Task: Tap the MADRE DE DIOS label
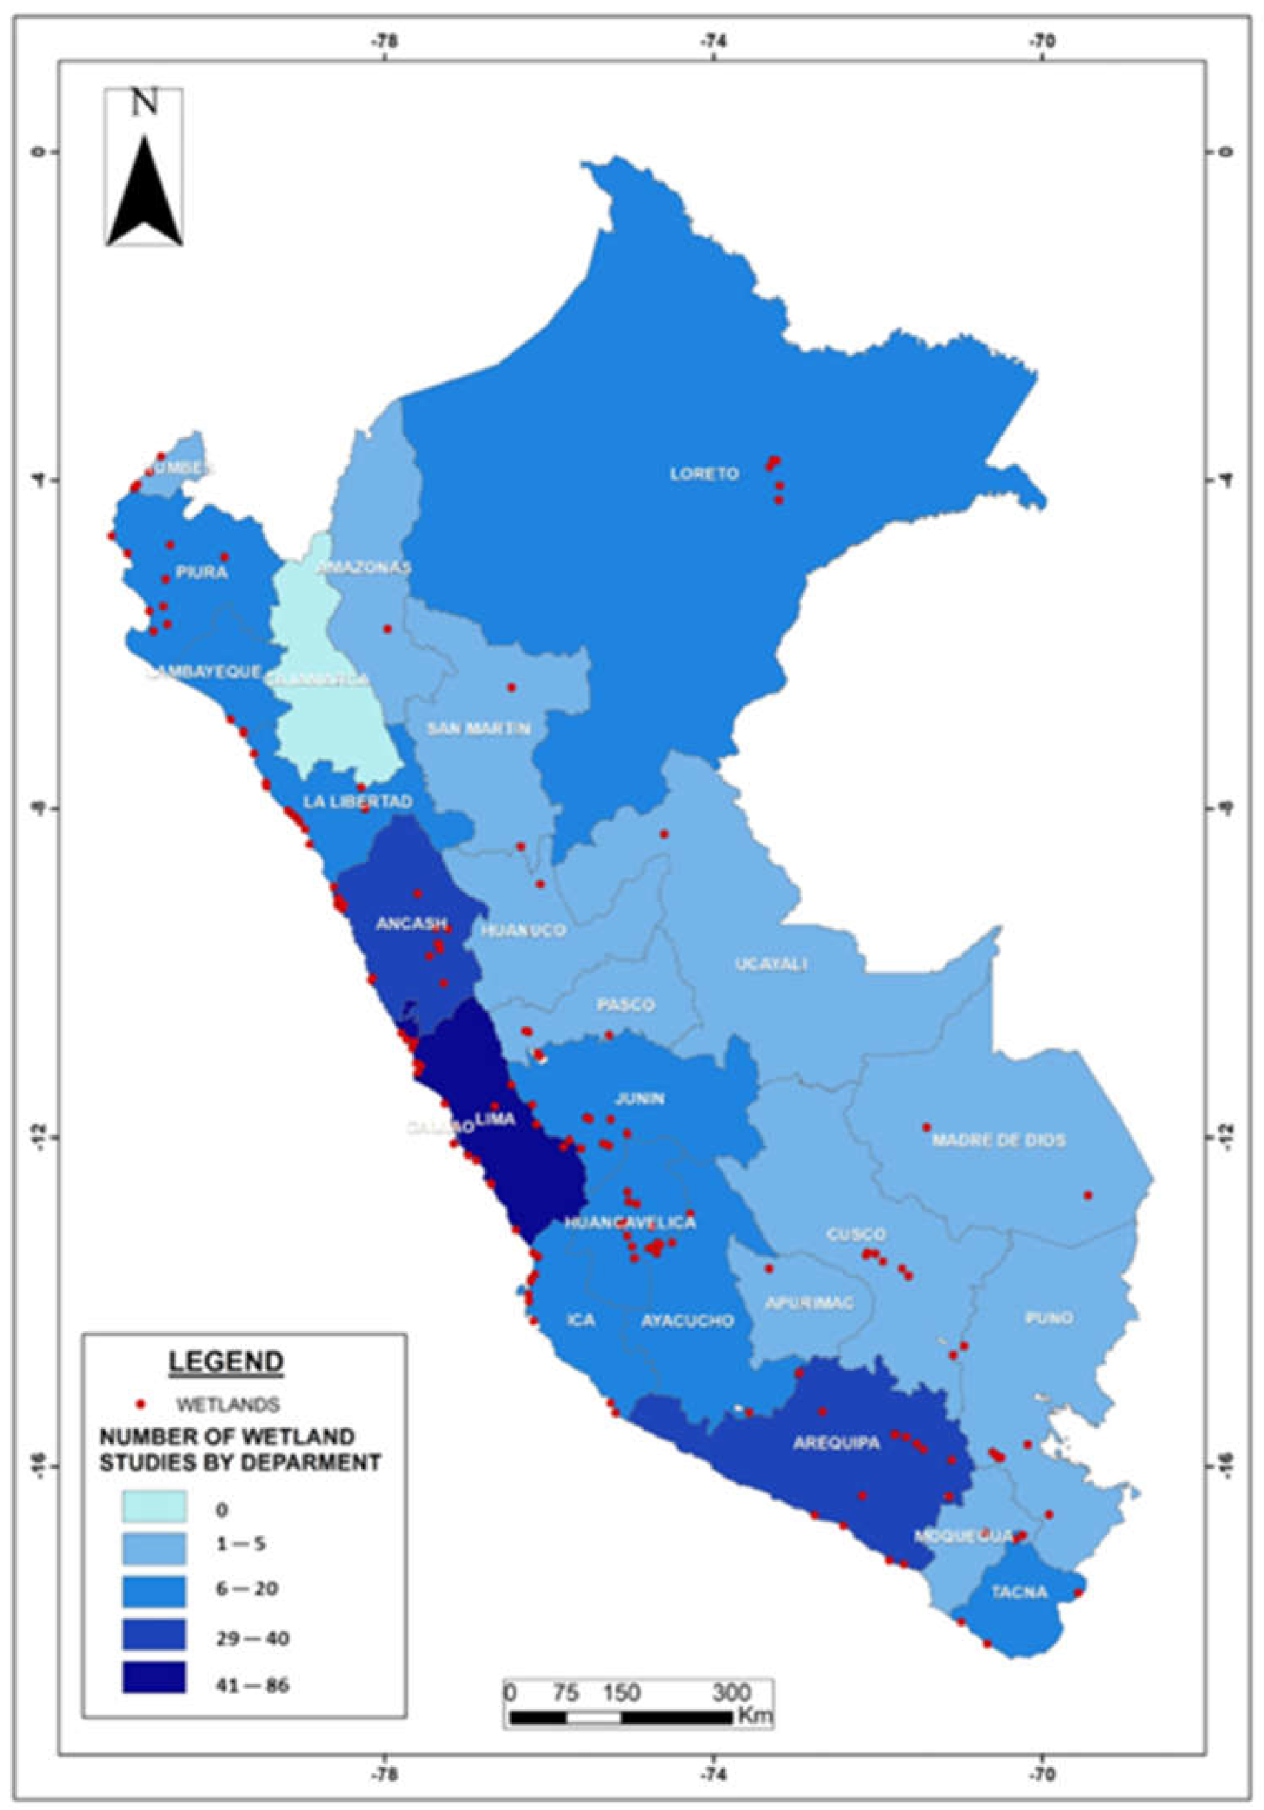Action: click(998, 1140)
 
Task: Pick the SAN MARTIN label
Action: click(478, 728)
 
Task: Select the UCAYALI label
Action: click(771, 964)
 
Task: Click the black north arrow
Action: click(145, 193)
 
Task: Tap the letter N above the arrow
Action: click(144, 103)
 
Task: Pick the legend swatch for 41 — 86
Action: click(154, 1677)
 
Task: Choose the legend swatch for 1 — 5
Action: click(154, 1549)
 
